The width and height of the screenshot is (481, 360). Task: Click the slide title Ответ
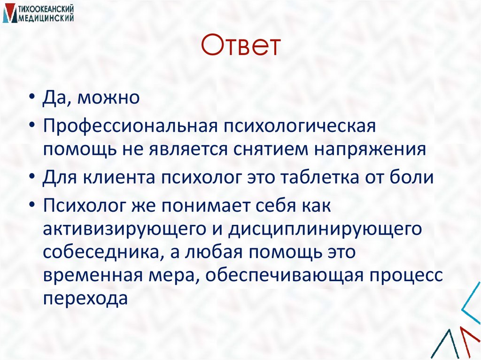[240, 47]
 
